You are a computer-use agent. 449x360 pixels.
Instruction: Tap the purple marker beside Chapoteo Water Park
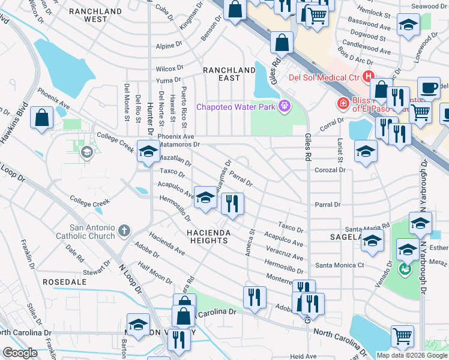click(285, 107)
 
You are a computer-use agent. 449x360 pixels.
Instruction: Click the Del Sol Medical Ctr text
click(324, 77)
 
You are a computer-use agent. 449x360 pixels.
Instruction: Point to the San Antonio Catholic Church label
click(92, 232)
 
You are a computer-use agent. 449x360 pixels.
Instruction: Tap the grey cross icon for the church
click(124, 230)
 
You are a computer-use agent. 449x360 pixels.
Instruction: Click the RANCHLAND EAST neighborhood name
click(229, 74)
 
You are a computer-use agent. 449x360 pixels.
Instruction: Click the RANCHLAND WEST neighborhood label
click(96, 15)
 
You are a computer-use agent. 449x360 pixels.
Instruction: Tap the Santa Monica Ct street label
click(340, 265)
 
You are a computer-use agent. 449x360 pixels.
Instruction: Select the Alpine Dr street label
click(169, 46)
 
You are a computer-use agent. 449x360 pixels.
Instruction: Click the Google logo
click(20, 353)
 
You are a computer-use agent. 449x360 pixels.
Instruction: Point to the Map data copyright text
click(411, 355)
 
